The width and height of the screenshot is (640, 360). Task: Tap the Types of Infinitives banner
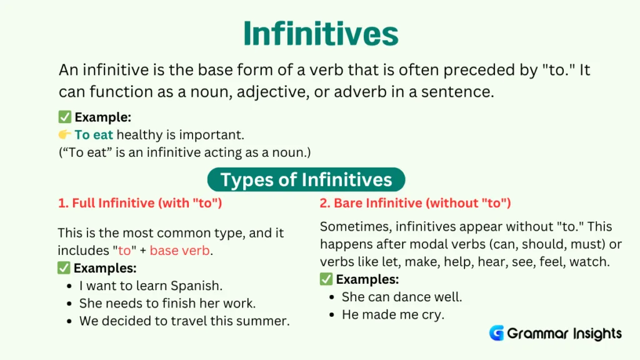[306, 180]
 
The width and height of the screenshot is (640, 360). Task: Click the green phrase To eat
[94, 134]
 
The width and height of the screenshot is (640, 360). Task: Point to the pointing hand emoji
[65, 134]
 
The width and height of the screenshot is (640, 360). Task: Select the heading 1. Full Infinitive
[140, 203]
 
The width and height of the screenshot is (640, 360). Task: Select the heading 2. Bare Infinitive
[416, 203]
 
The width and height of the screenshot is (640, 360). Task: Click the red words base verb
[181, 251]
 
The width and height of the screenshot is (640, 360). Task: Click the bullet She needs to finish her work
[167, 304]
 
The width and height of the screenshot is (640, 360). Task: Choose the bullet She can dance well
[402, 297]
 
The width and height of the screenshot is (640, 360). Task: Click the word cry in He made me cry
[432, 314]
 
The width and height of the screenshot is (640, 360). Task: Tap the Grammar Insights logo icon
[497, 333]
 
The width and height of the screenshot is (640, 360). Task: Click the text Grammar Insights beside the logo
[564, 333]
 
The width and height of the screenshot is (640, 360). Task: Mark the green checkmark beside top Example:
[64, 117]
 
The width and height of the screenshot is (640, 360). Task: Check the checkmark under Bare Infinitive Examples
[326, 279]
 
